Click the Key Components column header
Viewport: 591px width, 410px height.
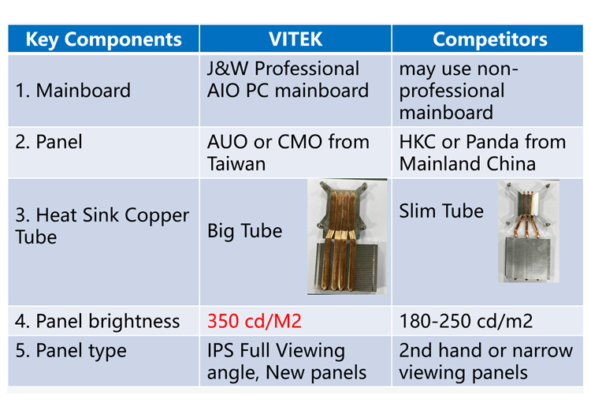tap(104, 39)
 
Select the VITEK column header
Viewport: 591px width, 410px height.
tap(295, 39)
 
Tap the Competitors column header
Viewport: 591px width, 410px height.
tap(490, 39)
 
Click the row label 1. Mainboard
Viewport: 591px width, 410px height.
tap(73, 91)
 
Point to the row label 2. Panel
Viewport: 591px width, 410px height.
tap(49, 142)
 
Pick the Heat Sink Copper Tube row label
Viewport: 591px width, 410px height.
tap(102, 225)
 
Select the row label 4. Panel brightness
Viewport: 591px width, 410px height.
tap(97, 322)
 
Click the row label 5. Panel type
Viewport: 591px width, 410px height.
tap(71, 351)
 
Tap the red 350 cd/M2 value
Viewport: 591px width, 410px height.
tap(255, 322)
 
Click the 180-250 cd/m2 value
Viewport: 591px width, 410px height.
tap(466, 322)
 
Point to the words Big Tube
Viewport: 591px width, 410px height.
tap(244, 231)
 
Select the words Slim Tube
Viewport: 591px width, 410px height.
tap(441, 211)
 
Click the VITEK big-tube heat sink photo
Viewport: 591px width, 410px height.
tap(348, 237)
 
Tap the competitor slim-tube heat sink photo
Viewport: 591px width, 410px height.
tap(529, 231)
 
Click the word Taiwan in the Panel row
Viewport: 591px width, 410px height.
tap(236, 164)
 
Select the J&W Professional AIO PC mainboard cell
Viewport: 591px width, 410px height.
tap(288, 80)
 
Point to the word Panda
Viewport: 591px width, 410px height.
tap(492, 142)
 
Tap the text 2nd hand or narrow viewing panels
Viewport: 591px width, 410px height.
tap(486, 362)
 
